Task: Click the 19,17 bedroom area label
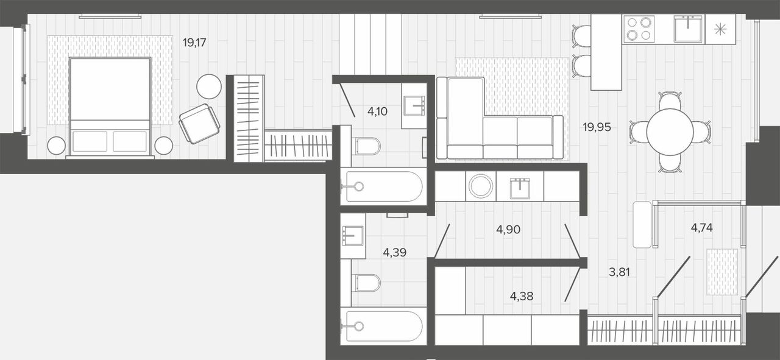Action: [194, 43]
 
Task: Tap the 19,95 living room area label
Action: [597, 127]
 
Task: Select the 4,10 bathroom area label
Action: [377, 111]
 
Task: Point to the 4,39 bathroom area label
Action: [394, 252]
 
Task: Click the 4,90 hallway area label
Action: [508, 230]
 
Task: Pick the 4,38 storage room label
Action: [521, 296]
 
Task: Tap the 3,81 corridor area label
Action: [619, 272]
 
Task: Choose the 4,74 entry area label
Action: [701, 228]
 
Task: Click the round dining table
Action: [670, 132]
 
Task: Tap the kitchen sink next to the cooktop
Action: [689, 29]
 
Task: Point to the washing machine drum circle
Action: [481, 186]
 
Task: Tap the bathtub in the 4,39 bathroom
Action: [383, 326]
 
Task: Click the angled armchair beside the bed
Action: [199, 124]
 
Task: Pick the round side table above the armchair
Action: [209, 86]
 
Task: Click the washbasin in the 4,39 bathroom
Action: [353, 236]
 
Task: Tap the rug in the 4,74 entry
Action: [722, 272]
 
